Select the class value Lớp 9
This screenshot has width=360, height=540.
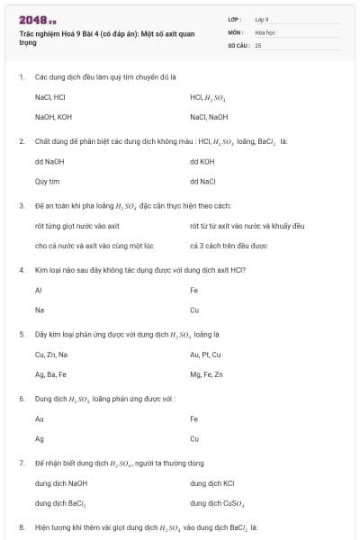pyautogui.click(x=262, y=19)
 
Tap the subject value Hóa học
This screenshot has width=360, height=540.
pyautogui.click(x=265, y=31)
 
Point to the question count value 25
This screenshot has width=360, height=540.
pyautogui.click(x=258, y=44)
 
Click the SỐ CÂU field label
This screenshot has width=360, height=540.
pyautogui.click(x=238, y=44)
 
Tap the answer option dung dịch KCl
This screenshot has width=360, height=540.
pyautogui.click(x=212, y=483)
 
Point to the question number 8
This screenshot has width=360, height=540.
pyautogui.click(x=22, y=526)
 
